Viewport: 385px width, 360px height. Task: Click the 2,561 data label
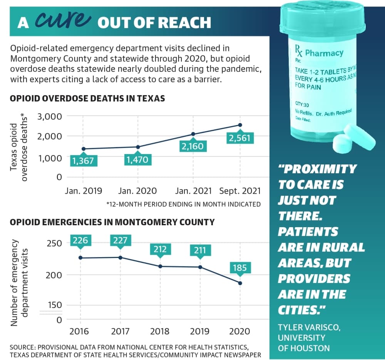240,138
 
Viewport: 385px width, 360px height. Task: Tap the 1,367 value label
83,161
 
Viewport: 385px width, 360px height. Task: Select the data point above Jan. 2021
193,134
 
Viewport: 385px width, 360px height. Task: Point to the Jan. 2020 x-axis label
137,191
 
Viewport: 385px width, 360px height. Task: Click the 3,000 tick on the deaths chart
50,116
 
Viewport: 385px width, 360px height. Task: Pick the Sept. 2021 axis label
240,191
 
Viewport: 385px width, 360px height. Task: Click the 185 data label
240,268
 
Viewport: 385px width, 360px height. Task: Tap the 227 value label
120,240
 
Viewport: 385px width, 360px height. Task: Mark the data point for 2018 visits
160,266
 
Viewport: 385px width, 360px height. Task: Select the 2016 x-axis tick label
79,332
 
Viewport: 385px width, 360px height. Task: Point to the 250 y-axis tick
54,243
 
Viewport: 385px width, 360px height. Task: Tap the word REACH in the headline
185,23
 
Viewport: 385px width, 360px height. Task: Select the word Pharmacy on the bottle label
324,53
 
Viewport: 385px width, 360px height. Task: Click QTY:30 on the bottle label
302,105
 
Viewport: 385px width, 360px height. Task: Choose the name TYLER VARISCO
309,327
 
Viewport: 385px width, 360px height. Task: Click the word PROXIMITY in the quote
317,169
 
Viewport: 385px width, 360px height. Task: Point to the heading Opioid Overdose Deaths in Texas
87,99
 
